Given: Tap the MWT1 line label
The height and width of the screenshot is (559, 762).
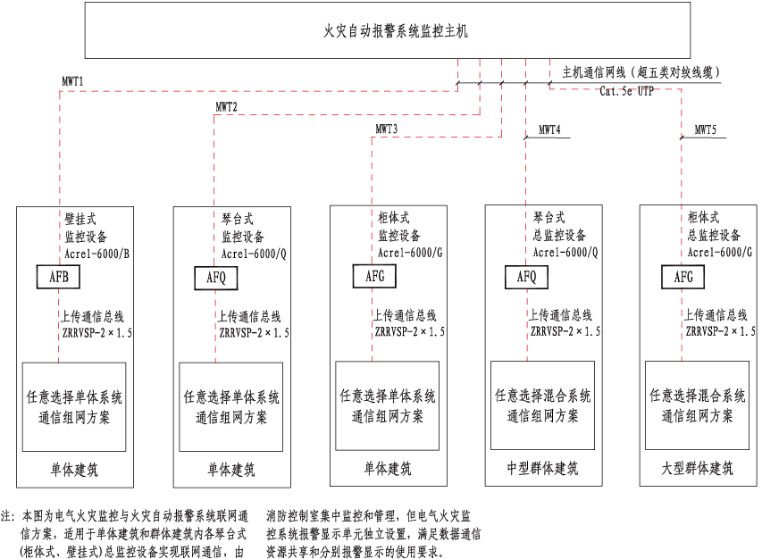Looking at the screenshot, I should click(x=73, y=81).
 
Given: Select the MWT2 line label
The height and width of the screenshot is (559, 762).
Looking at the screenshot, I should click(x=227, y=106).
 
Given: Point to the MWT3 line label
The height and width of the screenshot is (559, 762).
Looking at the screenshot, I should click(x=386, y=129).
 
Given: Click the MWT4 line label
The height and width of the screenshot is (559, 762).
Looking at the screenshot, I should click(x=549, y=130).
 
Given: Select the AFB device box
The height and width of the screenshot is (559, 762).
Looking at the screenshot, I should click(x=59, y=278).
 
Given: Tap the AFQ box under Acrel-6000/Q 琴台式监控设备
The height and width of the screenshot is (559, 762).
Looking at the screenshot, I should click(x=216, y=279).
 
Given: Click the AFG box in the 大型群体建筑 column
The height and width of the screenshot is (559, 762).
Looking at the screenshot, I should click(x=683, y=277).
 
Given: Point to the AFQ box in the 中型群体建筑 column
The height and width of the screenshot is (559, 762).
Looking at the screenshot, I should click(x=526, y=277).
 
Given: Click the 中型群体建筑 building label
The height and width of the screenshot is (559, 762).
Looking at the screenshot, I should click(x=542, y=467).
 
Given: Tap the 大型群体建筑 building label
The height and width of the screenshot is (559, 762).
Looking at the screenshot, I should click(x=698, y=467).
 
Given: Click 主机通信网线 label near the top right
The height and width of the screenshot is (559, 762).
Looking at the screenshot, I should click(x=593, y=71).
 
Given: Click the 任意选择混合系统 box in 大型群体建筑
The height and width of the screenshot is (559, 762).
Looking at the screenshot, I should click(x=697, y=405).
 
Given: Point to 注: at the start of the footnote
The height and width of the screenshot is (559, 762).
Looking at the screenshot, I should click(x=8, y=516).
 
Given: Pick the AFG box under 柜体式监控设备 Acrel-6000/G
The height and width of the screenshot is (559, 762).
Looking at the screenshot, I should click(x=374, y=277).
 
